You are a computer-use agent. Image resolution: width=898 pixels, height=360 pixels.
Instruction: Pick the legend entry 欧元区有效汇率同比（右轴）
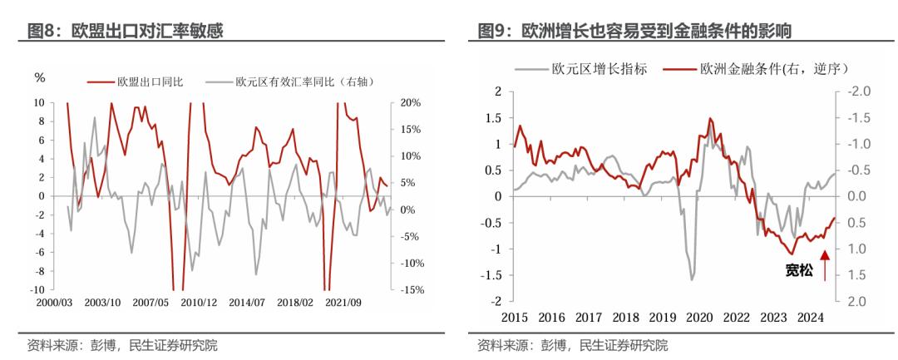pyautogui.click(x=303, y=81)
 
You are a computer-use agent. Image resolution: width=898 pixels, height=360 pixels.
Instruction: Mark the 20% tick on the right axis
pyautogui.click(x=411, y=103)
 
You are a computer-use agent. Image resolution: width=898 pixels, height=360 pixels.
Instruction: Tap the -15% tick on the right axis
pyautogui.click(x=409, y=290)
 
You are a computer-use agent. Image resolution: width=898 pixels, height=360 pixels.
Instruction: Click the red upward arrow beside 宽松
pyautogui.click(x=825, y=267)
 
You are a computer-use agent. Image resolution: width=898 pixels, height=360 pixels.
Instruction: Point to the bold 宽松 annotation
pyautogui.click(x=800, y=269)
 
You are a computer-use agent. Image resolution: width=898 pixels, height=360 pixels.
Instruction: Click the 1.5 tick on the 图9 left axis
pyautogui.click(x=494, y=118)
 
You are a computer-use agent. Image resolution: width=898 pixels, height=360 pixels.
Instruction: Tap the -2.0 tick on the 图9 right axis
pyautogui.click(x=857, y=91)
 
